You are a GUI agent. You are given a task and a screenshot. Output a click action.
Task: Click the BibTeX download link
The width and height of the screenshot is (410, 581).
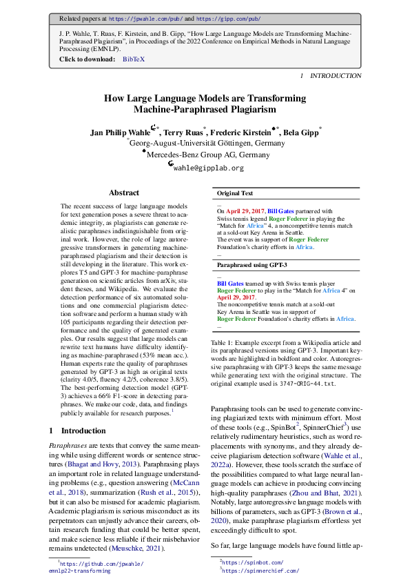(134, 60)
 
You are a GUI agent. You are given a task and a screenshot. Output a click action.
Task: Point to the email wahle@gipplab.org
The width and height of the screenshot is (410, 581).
(208, 168)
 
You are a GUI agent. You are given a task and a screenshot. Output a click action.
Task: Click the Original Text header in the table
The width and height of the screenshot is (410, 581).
(235, 194)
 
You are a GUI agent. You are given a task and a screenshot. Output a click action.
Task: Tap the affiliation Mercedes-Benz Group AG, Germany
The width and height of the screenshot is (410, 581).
(205, 155)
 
